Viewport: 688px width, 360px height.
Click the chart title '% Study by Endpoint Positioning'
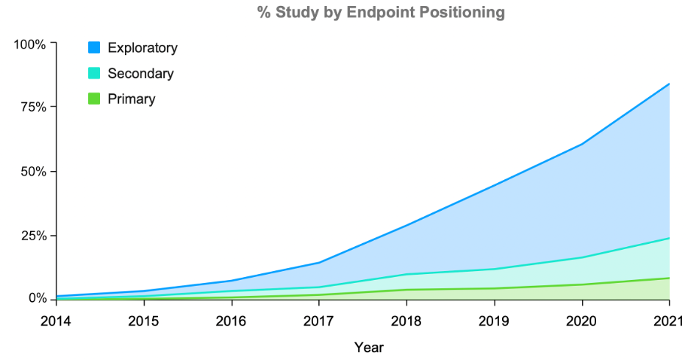point(381,12)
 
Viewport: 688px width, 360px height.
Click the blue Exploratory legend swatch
point(94,48)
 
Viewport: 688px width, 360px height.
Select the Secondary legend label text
point(140,73)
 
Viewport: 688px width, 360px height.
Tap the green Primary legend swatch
point(94,99)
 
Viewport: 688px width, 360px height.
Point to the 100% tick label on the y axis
point(30,44)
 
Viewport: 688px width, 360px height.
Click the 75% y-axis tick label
point(33,107)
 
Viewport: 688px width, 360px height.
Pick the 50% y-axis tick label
point(33,171)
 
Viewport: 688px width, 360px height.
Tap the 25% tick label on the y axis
point(33,235)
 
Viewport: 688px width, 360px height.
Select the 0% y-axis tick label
point(36,299)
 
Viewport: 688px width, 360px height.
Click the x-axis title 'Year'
point(368,347)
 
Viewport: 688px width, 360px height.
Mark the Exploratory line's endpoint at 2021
point(669,84)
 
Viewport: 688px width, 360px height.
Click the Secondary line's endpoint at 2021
point(669,238)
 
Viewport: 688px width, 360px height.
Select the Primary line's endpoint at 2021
point(669,278)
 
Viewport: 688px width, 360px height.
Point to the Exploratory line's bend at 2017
point(319,262)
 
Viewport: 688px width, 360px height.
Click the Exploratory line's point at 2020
point(581,144)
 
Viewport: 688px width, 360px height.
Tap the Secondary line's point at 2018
point(406,274)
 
